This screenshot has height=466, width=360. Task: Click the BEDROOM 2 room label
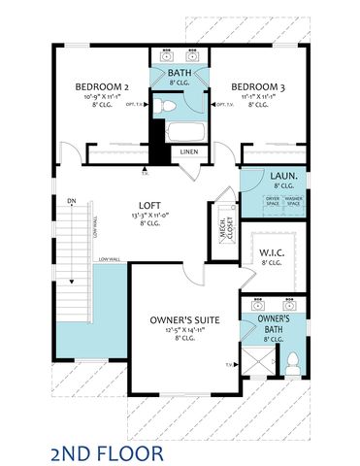click(100, 86)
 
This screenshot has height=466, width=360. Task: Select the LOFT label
click(148, 205)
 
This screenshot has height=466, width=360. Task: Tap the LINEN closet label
click(188, 151)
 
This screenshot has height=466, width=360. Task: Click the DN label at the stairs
click(71, 202)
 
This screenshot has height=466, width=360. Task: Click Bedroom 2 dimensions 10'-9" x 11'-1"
click(100, 97)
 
